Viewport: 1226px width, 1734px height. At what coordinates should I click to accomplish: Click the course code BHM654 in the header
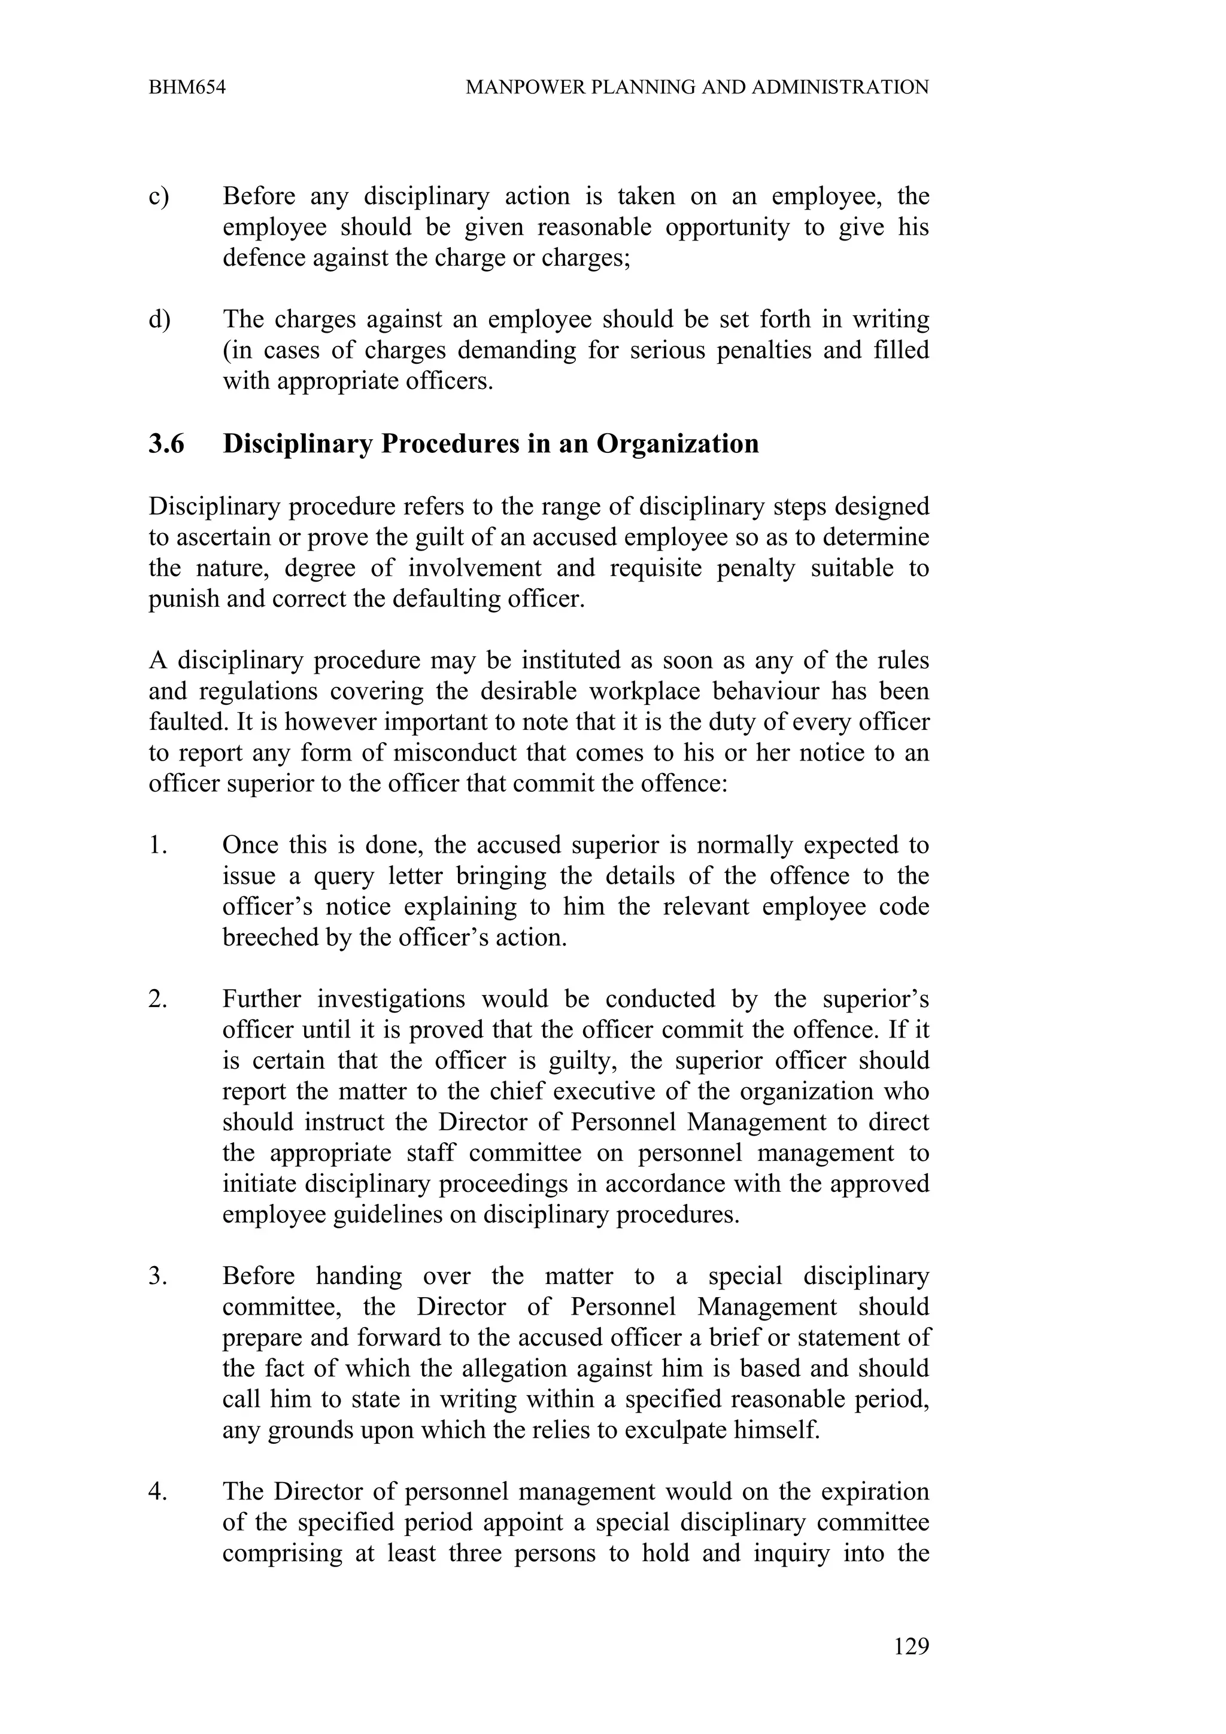187,87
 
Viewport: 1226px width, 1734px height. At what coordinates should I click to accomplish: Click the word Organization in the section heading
678,444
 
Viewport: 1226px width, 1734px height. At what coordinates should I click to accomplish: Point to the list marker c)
159,196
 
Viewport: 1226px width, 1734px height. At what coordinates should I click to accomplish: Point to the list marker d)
159,320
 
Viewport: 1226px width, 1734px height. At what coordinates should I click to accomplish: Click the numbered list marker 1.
156,845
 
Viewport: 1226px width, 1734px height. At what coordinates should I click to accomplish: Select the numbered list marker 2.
157,999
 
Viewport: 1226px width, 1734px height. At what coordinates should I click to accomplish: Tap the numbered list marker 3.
157,1276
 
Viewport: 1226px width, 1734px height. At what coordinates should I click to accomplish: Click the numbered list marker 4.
157,1492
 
